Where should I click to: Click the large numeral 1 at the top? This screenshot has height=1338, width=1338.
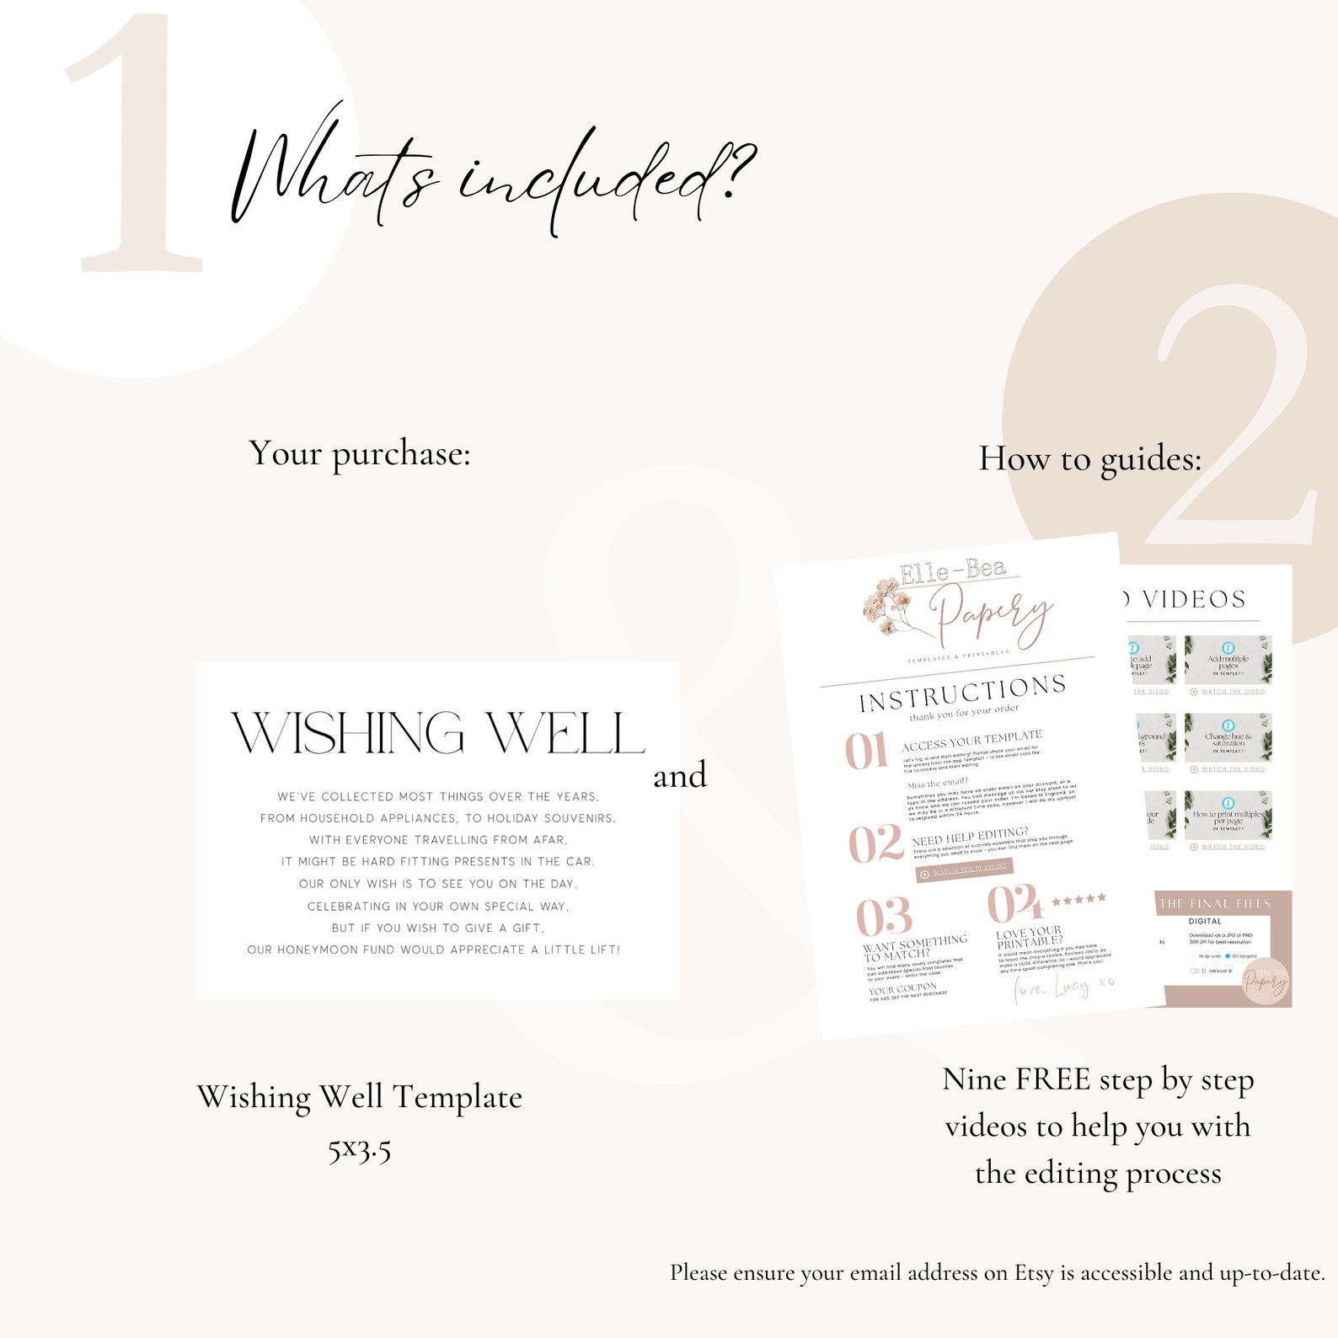[135, 147]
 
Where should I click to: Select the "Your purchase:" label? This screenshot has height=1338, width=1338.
[360, 454]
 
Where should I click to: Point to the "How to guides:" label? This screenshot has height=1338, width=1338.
[1089, 459]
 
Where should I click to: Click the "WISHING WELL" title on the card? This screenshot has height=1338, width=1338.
[438, 733]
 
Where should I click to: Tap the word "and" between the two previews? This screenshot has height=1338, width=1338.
[680, 776]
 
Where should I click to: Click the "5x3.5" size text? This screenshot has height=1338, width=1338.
[360, 1148]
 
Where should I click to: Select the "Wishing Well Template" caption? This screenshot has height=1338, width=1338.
[360, 1097]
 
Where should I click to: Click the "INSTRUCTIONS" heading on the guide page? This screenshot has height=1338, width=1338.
[962, 693]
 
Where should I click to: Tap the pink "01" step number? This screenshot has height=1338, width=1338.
[866, 751]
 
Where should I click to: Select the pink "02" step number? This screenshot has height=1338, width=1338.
[875, 844]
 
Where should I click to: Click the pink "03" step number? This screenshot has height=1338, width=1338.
[884, 917]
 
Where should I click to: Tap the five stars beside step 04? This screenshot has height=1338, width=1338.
[1078, 900]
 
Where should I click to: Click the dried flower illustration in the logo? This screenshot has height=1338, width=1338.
[890, 602]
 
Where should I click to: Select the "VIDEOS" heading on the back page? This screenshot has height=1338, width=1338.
[1194, 600]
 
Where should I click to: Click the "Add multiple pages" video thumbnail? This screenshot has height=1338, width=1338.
[1228, 661]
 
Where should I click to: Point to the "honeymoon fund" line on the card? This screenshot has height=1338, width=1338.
[433, 950]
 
